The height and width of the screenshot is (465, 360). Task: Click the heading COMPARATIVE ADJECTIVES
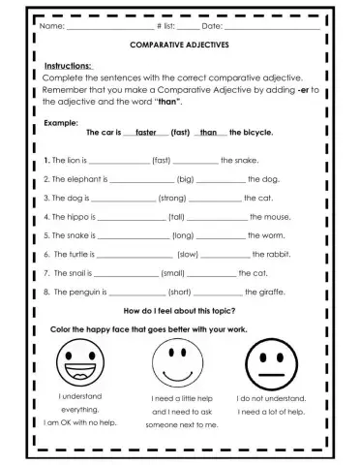click(180, 46)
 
